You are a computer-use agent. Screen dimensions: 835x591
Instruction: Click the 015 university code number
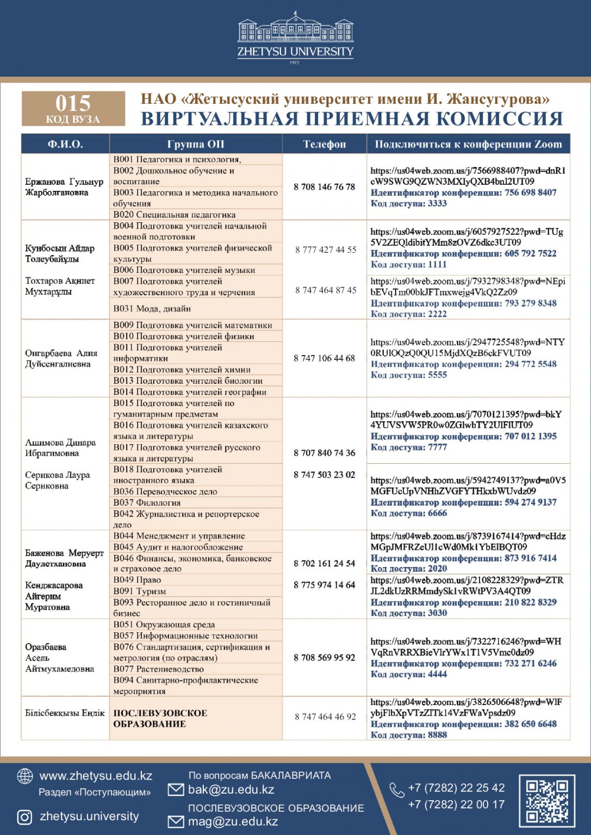click(73, 103)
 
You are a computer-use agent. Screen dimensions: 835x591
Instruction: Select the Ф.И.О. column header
click(65, 144)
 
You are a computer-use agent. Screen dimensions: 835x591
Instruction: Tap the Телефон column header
click(324, 144)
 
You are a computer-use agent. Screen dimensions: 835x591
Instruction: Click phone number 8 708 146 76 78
click(324, 187)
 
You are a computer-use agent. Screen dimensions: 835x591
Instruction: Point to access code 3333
click(408, 203)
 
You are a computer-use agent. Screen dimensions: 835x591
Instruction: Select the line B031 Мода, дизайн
click(152, 309)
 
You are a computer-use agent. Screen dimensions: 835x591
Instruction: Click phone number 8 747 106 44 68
click(324, 358)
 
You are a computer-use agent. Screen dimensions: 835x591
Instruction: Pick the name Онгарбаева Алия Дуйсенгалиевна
click(61, 359)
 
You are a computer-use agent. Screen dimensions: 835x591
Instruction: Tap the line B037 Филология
click(147, 503)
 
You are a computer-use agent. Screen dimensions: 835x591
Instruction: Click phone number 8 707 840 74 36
click(324, 453)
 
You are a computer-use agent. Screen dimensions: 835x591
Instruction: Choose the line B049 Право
click(137, 580)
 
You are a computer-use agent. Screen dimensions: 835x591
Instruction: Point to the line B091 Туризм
click(140, 591)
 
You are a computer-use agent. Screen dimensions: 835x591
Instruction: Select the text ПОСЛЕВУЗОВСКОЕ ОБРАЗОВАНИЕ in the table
click(160, 719)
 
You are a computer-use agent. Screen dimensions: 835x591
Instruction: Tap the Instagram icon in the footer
click(24, 817)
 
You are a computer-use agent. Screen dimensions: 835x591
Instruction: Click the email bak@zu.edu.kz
click(231, 790)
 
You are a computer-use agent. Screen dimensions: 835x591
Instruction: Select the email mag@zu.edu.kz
click(233, 821)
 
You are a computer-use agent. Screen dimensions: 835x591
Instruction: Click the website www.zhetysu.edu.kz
click(96, 776)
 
